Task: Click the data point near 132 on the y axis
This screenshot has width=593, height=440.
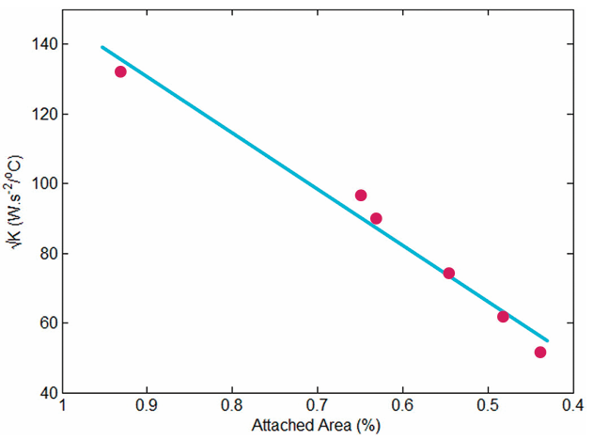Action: [120, 71]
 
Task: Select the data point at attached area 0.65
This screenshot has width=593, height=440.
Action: [360, 196]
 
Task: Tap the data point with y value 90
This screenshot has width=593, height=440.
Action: [376, 218]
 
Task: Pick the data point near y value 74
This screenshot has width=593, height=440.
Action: [448, 274]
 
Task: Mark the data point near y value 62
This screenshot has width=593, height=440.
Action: [503, 317]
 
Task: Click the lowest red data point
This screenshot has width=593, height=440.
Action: [540, 353]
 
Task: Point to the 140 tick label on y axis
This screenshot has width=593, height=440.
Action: [40, 44]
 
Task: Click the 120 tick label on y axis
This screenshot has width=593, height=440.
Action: [40, 114]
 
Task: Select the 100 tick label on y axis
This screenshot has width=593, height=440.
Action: [40, 183]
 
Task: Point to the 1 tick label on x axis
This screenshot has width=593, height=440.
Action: [62, 406]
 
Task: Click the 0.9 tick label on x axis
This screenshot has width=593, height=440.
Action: [147, 406]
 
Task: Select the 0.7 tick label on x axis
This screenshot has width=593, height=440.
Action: [317, 406]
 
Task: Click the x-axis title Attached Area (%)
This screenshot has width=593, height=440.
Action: [316, 426]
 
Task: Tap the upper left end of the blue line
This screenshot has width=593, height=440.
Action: [102, 47]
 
